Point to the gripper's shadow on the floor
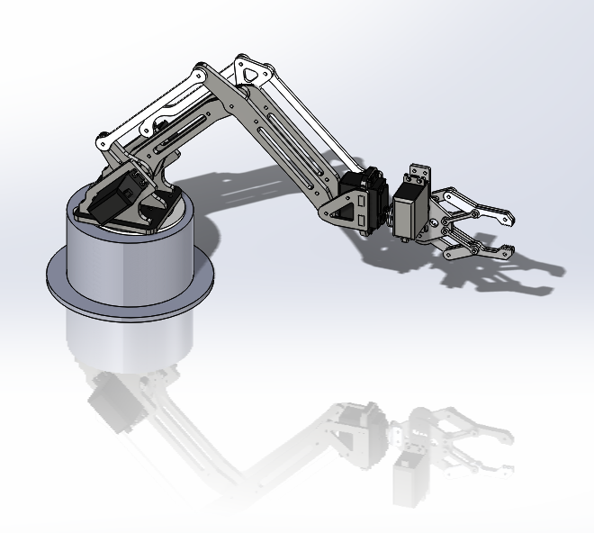pos(504,275)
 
